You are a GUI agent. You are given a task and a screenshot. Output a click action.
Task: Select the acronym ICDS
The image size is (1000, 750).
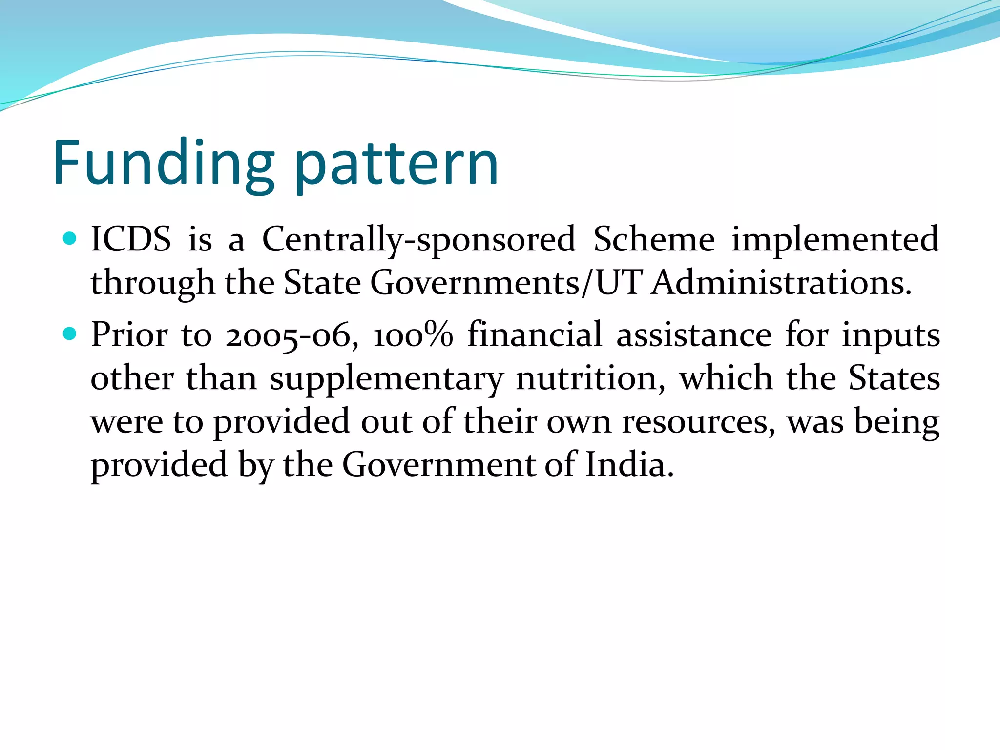click(131, 239)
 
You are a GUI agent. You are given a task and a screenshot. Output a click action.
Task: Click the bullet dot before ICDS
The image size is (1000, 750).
click(70, 238)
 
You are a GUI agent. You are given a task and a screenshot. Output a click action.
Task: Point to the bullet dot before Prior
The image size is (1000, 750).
click(70, 334)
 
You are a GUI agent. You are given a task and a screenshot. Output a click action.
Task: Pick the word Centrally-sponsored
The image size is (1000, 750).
click(419, 240)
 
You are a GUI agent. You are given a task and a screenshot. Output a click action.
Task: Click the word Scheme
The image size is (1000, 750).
click(654, 239)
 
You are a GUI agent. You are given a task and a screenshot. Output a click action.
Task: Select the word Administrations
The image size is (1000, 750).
click(781, 283)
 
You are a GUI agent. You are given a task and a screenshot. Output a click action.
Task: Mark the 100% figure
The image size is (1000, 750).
click(413, 335)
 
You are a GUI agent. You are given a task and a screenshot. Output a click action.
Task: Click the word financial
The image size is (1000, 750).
click(535, 334)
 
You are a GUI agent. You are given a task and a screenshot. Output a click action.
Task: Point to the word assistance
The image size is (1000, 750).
click(694, 335)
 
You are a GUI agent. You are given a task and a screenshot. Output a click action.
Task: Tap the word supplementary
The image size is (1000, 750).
click(387, 380)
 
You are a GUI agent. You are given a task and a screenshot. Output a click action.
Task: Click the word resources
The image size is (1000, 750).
click(699, 422)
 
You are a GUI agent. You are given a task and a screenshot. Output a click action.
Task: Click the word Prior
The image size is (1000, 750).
click(129, 335)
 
